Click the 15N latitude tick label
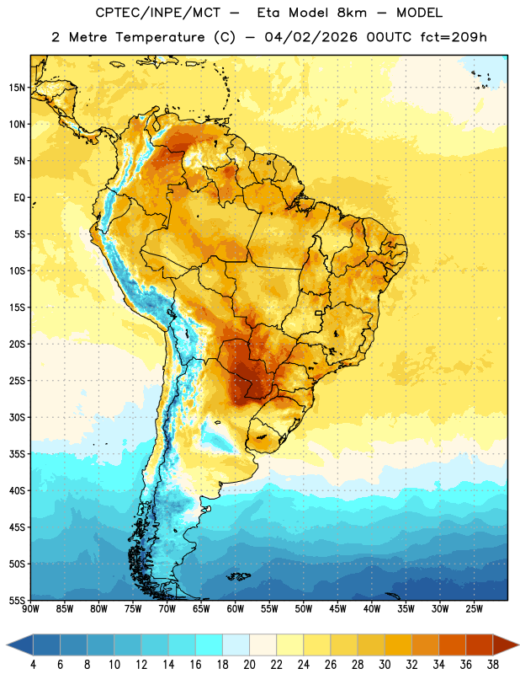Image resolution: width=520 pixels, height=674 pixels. [17, 88]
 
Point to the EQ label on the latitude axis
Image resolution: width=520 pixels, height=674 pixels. [19, 198]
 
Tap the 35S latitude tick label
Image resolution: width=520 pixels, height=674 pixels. [17, 454]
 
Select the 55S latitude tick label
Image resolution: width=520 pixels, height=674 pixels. [17, 600]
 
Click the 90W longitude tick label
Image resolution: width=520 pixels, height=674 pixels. [31, 609]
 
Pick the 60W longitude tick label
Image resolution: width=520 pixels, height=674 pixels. [236, 609]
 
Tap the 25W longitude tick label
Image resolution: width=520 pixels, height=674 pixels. [474, 609]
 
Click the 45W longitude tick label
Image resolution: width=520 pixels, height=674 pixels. [337, 609]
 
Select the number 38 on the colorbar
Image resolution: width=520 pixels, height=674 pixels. [492, 665]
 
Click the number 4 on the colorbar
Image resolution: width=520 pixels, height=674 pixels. [33, 665]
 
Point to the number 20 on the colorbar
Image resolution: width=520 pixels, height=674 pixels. [249, 665]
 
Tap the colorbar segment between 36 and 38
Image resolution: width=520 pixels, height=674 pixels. [480, 645]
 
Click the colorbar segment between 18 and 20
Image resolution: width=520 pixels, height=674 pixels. [236, 645]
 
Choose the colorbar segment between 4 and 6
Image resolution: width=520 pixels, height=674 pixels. [46, 645]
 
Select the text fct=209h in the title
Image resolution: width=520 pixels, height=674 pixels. [454, 37]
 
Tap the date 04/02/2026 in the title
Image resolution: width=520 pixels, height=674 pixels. [310, 37]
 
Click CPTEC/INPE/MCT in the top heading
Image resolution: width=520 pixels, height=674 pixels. [158, 13]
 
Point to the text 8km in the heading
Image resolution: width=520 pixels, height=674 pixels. [352, 13]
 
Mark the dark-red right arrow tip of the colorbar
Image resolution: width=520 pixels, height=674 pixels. [517, 645]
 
